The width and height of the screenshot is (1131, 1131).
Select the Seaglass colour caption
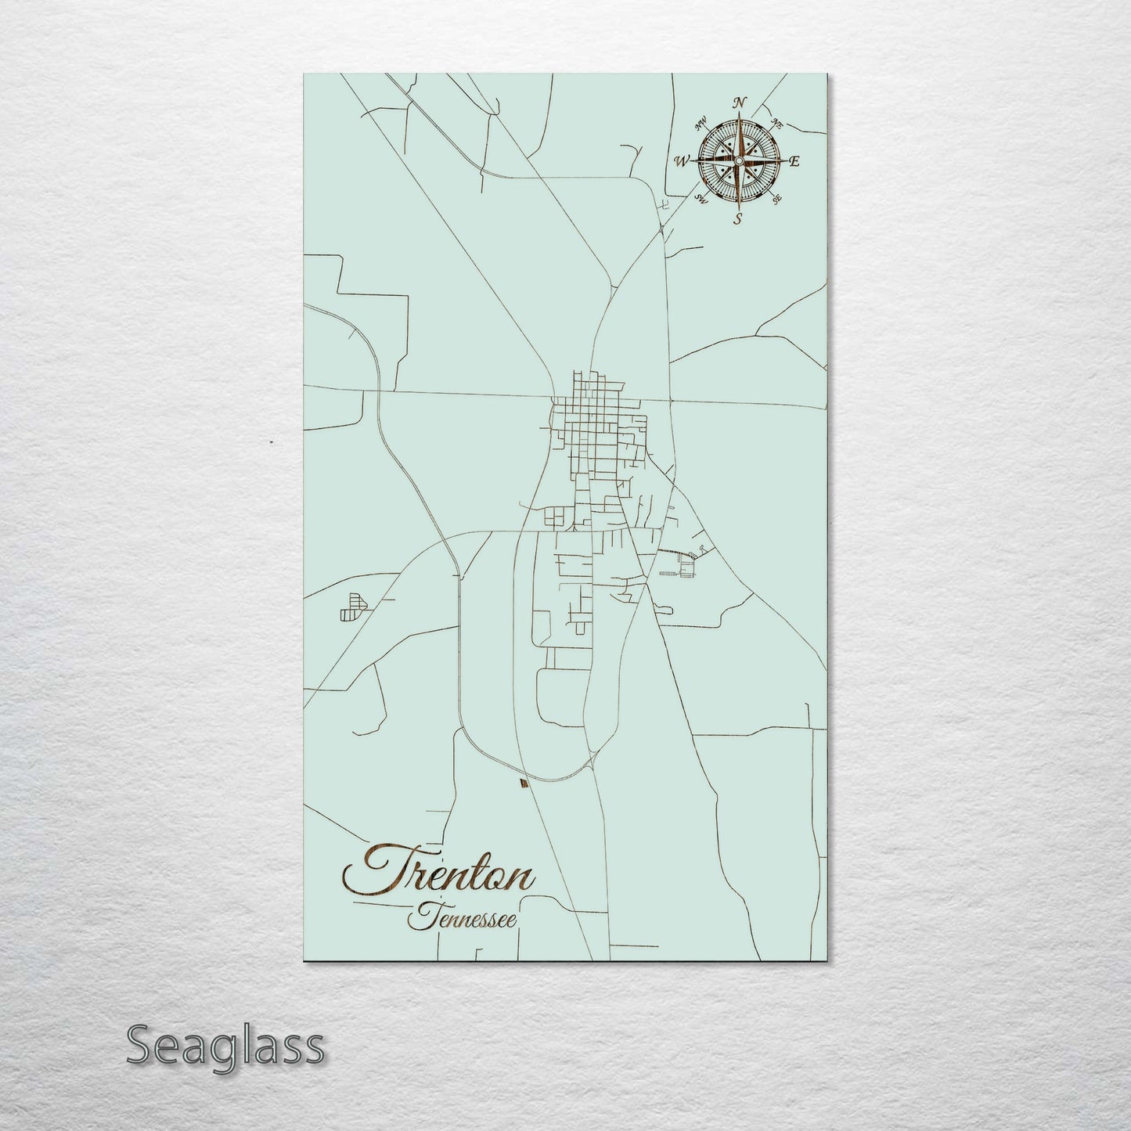coord(225,1046)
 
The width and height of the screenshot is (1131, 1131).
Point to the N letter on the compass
coord(739,103)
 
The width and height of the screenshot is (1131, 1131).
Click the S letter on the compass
coord(737,219)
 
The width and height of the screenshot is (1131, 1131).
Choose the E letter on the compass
coord(794,162)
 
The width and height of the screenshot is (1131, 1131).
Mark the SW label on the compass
coord(701,200)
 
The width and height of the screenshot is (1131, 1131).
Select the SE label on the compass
coord(776,200)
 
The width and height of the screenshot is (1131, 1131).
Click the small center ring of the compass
coord(737,160)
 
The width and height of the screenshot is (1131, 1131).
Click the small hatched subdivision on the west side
coord(352,607)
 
